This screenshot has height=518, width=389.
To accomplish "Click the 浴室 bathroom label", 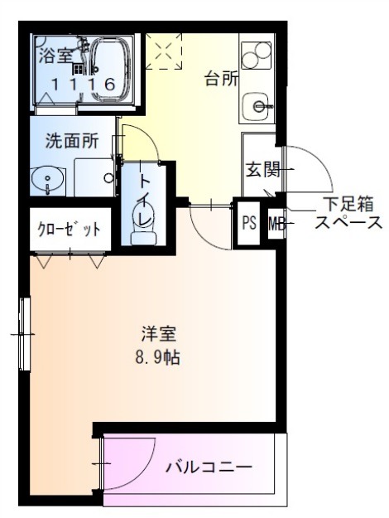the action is [x=55, y=56].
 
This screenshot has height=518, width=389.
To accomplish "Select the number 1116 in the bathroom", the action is [x=83, y=85].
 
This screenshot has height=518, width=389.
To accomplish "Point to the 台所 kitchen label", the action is [x=221, y=79].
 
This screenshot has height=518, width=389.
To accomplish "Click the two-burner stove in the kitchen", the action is [x=257, y=55].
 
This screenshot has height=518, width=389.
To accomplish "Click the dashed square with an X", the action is [x=164, y=51].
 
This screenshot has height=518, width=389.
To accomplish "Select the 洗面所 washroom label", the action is [x=72, y=141].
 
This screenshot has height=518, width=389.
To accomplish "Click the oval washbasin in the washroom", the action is [x=47, y=181].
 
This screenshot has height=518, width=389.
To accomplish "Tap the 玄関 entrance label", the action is [x=263, y=170].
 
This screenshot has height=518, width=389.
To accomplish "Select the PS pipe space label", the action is [x=249, y=223].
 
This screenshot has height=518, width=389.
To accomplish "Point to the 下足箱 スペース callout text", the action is [x=348, y=213].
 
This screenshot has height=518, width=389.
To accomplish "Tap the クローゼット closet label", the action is [x=70, y=229].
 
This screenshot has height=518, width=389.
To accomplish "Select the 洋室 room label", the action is [x=159, y=334].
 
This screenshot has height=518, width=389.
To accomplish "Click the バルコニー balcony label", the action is [x=209, y=467].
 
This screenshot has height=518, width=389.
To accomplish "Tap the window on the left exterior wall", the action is [x=25, y=334].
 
